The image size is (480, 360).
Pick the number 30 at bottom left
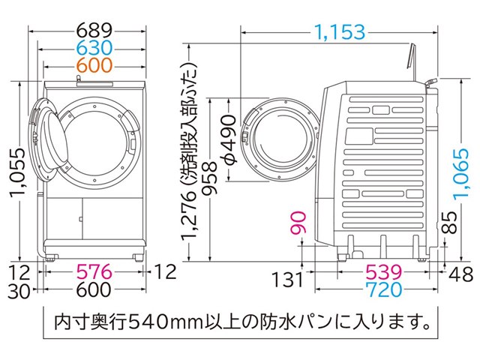[x=19, y=289]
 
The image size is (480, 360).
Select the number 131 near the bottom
[x=286, y=280]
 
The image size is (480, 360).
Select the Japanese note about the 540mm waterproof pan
[x=239, y=324]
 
